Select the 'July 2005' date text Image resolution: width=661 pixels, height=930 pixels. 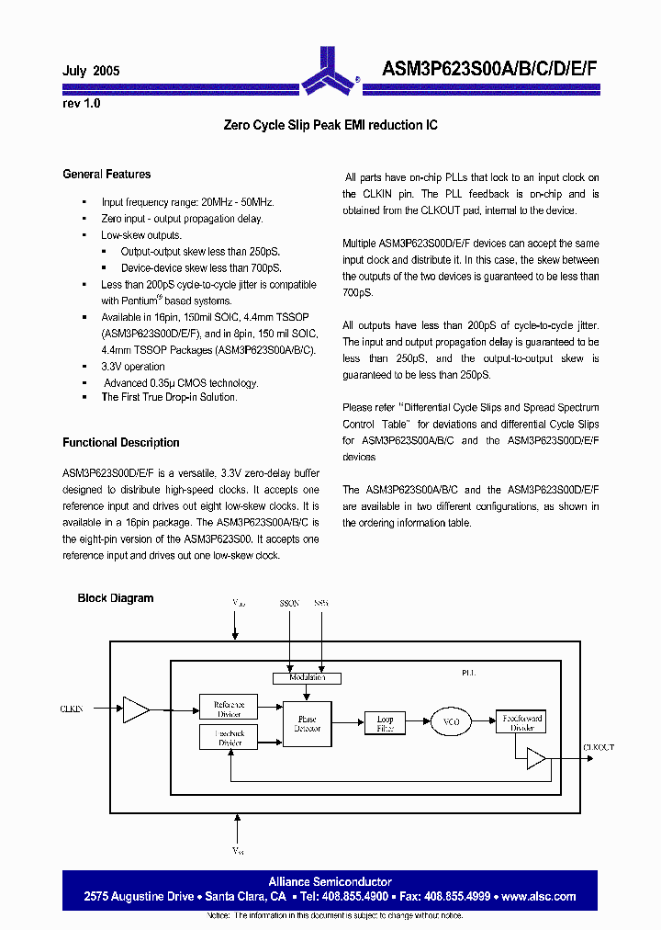click(x=91, y=71)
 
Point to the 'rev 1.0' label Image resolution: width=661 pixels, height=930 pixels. click(x=82, y=104)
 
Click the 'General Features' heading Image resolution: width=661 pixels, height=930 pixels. click(x=106, y=174)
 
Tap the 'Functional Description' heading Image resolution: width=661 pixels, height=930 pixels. click(x=121, y=442)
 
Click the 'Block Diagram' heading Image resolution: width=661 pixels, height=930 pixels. click(x=116, y=598)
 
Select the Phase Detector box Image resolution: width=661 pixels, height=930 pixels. click(x=307, y=721)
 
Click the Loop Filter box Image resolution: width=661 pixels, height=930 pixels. click(x=385, y=723)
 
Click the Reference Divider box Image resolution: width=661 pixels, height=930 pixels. click(x=229, y=706)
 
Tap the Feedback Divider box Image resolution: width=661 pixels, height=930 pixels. click(x=229, y=737)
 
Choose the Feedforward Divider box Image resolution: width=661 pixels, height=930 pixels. click(x=521, y=721)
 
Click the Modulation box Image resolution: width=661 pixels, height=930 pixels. click(x=307, y=678)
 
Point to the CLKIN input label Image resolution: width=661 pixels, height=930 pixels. click(x=72, y=709)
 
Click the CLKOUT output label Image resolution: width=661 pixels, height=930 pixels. click(x=599, y=748)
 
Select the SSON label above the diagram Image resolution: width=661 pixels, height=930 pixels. click(x=289, y=604)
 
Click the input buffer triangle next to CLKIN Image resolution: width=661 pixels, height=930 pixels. click(x=136, y=709)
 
